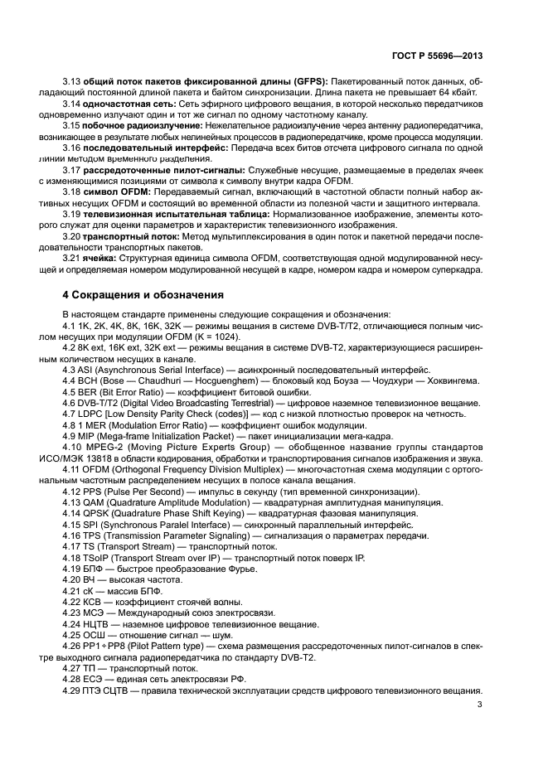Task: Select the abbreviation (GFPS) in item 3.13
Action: (306, 81)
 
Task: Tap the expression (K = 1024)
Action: (216, 336)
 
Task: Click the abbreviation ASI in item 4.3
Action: (86, 369)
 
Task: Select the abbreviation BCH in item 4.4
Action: (88, 380)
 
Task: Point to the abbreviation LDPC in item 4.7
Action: (90, 413)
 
